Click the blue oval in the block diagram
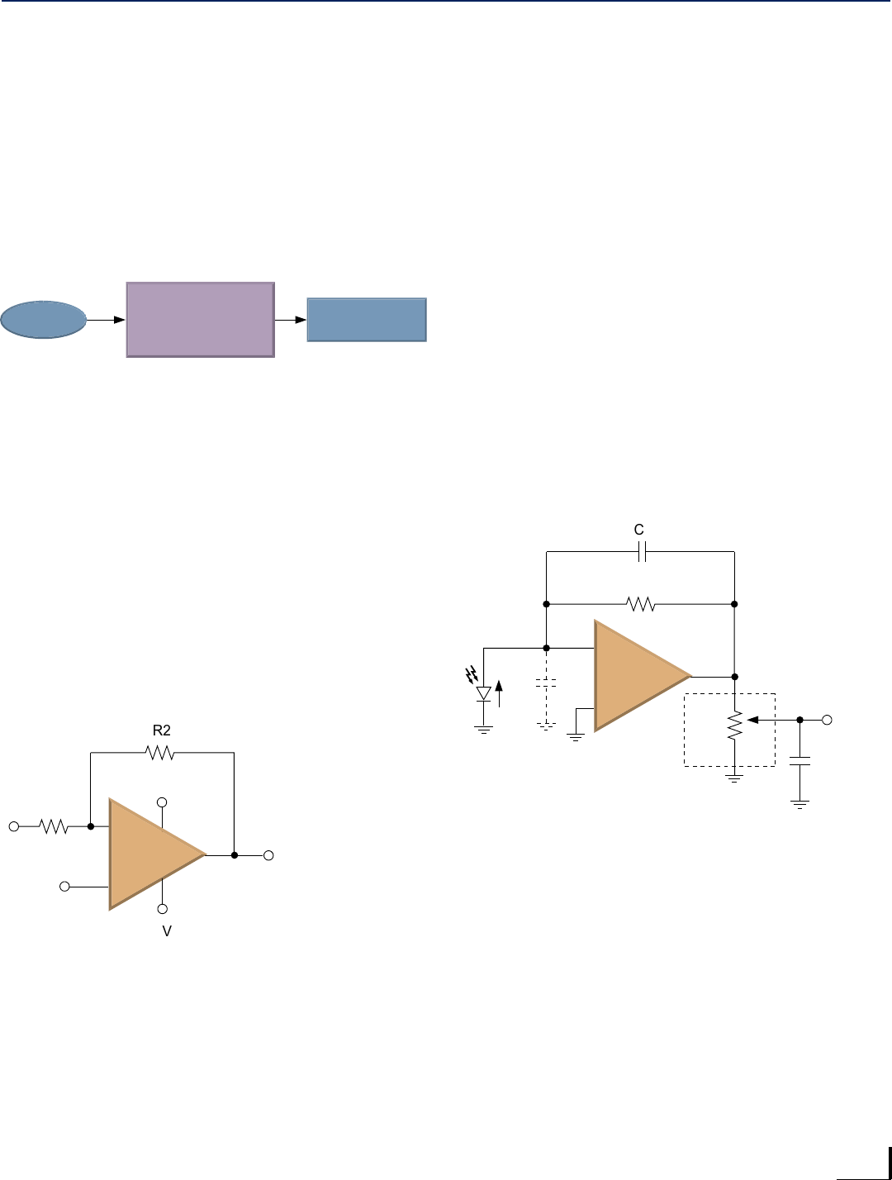click(44, 320)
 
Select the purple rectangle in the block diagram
click(200, 319)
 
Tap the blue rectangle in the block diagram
click(367, 320)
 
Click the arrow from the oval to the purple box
click(107, 319)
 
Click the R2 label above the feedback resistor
click(161, 730)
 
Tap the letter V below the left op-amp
click(167, 931)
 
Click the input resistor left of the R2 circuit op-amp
click(54, 826)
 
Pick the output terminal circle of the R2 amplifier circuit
click(268, 855)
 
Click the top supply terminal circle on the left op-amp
click(163, 802)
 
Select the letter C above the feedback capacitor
click(638, 531)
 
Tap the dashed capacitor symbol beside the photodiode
click(546, 684)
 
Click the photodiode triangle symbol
click(484, 693)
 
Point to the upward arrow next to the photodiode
click(498, 692)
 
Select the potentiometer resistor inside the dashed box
click(733, 726)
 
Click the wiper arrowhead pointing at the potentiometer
click(752, 720)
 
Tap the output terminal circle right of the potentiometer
click(828, 720)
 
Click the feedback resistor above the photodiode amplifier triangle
click(641, 604)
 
